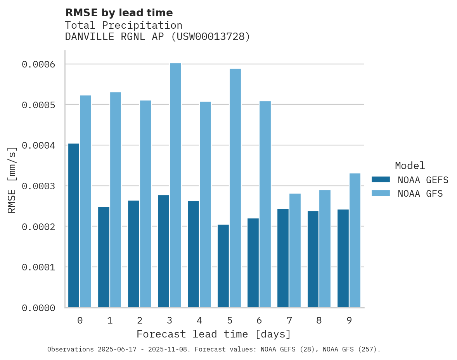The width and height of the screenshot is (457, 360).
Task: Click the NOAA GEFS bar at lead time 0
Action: click(x=74, y=225)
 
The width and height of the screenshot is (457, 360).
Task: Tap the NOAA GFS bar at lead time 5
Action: click(x=235, y=188)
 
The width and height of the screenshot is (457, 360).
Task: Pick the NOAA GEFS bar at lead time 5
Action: click(x=223, y=266)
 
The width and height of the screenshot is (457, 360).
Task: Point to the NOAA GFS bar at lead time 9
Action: click(x=355, y=240)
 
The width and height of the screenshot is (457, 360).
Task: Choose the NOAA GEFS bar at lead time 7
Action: click(x=283, y=258)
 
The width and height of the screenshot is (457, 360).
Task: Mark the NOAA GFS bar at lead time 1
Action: click(x=116, y=200)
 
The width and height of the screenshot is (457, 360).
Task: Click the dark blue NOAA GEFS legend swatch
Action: click(x=381, y=180)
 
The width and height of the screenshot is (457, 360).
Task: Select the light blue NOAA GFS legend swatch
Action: click(x=381, y=193)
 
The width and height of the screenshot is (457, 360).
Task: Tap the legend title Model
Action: click(x=410, y=166)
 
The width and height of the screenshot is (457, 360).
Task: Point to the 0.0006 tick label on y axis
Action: click(x=38, y=64)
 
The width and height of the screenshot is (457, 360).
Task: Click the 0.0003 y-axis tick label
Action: click(x=38, y=186)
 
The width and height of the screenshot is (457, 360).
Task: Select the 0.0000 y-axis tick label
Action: click(x=38, y=308)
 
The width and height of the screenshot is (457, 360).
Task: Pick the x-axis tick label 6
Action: click(x=259, y=320)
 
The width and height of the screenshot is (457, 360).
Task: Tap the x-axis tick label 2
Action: click(x=140, y=320)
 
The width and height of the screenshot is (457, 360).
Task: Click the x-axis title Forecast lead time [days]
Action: click(x=214, y=334)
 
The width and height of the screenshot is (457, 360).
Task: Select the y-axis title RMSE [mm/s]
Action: click(x=12, y=180)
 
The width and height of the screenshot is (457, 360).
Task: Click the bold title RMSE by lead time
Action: click(x=119, y=13)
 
